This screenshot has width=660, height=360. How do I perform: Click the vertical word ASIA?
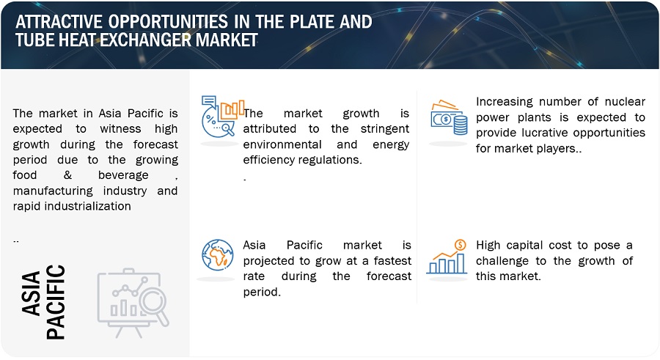click(x=31, y=293)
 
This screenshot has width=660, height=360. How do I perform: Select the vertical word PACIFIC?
click(x=56, y=302)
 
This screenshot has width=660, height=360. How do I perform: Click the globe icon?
click(x=217, y=255)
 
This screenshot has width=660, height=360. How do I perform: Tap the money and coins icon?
click(x=449, y=117)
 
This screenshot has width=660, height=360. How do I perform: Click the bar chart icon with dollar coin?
click(x=447, y=257)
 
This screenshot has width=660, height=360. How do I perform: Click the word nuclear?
click(x=625, y=101)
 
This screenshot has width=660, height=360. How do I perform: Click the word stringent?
click(x=385, y=129)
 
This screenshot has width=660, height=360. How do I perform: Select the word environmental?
click(x=282, y=144)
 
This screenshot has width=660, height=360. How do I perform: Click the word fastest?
click(x=392, y=260)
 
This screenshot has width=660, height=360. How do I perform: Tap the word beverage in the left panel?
click(x=123, y=175)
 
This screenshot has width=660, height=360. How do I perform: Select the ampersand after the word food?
click(x=67, y=175)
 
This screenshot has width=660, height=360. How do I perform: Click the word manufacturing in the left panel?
click(x=53, y=191)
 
